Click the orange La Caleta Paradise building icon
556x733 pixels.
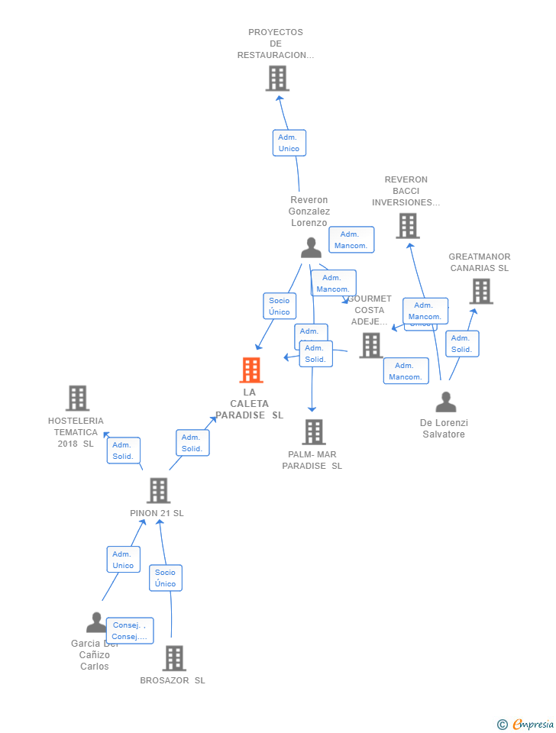[251, 370]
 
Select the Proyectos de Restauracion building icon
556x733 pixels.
[277, 78]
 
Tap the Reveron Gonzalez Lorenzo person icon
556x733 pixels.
[311, 247]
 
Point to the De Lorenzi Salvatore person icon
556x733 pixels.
[446, 402]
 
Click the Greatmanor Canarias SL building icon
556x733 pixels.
[481, 291]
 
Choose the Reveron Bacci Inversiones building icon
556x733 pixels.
[408, 225]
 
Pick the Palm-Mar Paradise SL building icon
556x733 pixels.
[313, 432]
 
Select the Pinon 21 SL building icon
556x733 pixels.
[158, 491]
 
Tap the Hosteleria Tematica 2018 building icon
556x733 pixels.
[77, 398]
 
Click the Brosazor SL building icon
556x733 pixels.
[174, 658]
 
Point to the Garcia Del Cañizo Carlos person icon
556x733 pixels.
[96, 622]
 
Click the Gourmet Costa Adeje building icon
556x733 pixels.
[371, 345]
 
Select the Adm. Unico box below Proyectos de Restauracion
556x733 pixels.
[289, 143]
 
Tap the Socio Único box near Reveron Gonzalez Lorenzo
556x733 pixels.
[279, 306]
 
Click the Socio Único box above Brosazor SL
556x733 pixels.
[165, 578]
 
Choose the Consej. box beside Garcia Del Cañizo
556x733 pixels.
[129, 631]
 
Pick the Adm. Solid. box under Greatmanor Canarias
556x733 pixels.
[461, 344]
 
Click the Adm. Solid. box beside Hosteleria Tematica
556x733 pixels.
[123, 450]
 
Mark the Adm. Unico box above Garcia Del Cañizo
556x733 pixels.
[123, 560]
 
